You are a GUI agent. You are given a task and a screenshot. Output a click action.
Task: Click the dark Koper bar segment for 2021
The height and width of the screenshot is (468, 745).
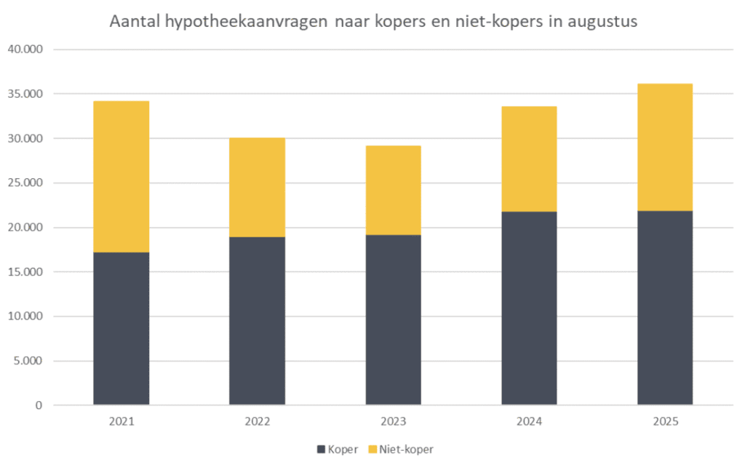pyautogui.click(x=121, y=328)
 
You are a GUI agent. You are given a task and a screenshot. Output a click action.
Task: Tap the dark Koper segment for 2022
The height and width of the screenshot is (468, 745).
pyautogui.click(x=257, y=320)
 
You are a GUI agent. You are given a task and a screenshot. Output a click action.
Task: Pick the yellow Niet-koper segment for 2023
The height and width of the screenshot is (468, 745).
pyautogui.click(x=393, y=190)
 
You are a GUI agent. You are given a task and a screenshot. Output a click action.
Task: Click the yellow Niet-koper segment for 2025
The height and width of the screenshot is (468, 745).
pyautogui.click(x=665, y=147)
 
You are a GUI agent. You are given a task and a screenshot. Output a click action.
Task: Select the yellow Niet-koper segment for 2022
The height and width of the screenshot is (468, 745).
pyautogui.click(x=257, y=187)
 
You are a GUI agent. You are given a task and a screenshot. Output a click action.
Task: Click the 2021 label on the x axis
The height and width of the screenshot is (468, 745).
pyautogui.click(x=121, y=421)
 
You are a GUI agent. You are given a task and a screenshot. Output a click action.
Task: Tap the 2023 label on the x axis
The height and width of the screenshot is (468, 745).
pyautogui.click(x=393, y=421)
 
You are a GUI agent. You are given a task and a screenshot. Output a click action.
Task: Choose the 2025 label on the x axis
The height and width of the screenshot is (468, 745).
pyautogui.click(x=665, y=421)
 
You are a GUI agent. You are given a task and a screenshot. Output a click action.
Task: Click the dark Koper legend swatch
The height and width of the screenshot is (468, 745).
pyautogui.click(x=321, y=450)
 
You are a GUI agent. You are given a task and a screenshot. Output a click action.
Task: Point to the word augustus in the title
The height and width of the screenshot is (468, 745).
pyautogui.click(x=602, y=22)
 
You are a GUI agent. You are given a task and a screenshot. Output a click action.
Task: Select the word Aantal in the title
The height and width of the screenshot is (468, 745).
pyautogui.click(x=132, y=22)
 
